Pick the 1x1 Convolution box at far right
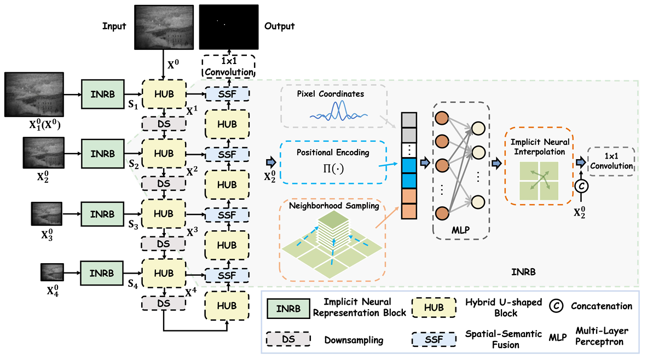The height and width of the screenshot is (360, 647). [x=611, y=162]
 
